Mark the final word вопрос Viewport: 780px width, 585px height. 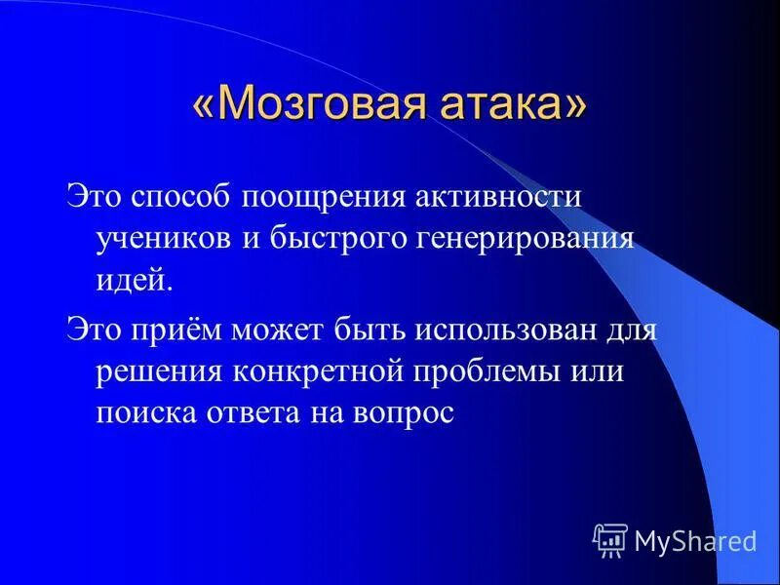pyautogui.click(x=404, y=412)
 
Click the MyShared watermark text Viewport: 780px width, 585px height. pyautogui.click(x=695, y=539)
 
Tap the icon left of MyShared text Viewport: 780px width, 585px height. pyautogui.click(x=610, y=538)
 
